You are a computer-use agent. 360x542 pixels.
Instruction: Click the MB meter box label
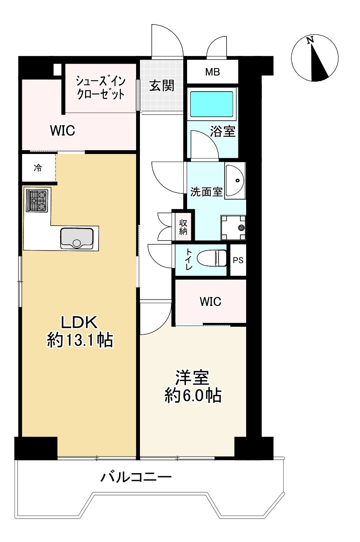tap(212, 72)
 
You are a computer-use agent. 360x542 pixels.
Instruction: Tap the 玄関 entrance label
tap(161, 85)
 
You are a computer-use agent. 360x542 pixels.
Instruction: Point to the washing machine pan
tap(233, 227)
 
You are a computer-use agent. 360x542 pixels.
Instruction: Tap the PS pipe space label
tap(238, 260)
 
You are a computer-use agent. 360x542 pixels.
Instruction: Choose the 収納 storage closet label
tap(183, 226)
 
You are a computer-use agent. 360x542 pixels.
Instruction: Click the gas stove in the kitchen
tap(37, 200)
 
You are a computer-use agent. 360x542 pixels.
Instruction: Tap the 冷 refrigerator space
tap(38, 168)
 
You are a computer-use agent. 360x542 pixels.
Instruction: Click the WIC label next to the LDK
tap(62, 131)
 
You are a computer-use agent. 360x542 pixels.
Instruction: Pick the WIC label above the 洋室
tap(210, 301)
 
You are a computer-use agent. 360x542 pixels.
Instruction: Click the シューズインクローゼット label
tap(100, 88)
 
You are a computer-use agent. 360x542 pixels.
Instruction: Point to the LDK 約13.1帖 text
tap(80, 331)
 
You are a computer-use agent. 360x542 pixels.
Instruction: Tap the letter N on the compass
tap(311, 40)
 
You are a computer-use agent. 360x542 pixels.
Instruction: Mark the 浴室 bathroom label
tap(222, 131)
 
